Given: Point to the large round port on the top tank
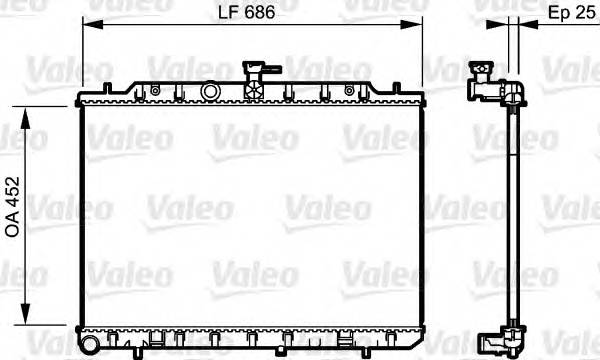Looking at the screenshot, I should pyautogui.click(x=210, y=91).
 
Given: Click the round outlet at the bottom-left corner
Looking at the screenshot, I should pyautogui.click(x=90, y=345).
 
